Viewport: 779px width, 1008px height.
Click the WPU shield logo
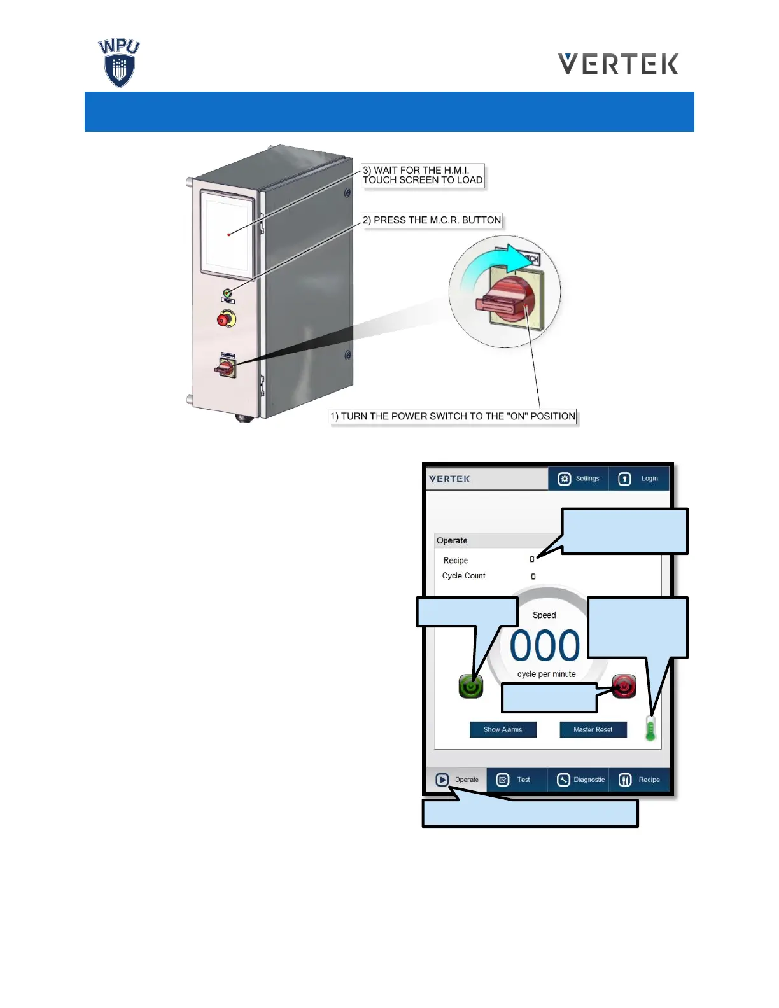pyautogui.click(x=119, y=64)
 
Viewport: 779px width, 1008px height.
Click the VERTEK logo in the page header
pyautogui.click(x=618, y=64)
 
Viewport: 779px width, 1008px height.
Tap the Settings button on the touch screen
pyautogui.click(x=578, y=479)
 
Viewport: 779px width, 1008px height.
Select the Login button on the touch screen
pyautogui.click(x=639, y=479)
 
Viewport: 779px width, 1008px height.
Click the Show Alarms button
pyautogui.click(x=503, y=729)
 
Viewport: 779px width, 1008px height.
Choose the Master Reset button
pyautogui.click(x=593, y=729)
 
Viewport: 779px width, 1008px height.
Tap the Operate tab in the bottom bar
pyautogui.click(x=456, y=780)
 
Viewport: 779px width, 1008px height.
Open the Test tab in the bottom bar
pyautogui.click(x=516, y=780)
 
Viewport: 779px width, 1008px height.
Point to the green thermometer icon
pyautogui.click(x=650, y=728)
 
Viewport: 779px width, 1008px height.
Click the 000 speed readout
pyautogui.click(x=545, y=646)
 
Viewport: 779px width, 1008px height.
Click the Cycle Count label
pyautogui.click(x=463, y=576)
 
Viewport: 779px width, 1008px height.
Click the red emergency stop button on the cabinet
pyautogui.click(x=225, y=319)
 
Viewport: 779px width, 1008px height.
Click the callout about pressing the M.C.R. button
pyautogui.click(x=432, y=220)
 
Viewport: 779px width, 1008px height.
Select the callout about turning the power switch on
pyautogui.click(x=453, y=416)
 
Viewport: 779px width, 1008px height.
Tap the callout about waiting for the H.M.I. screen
pyautogui.click(x=423, y=175)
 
